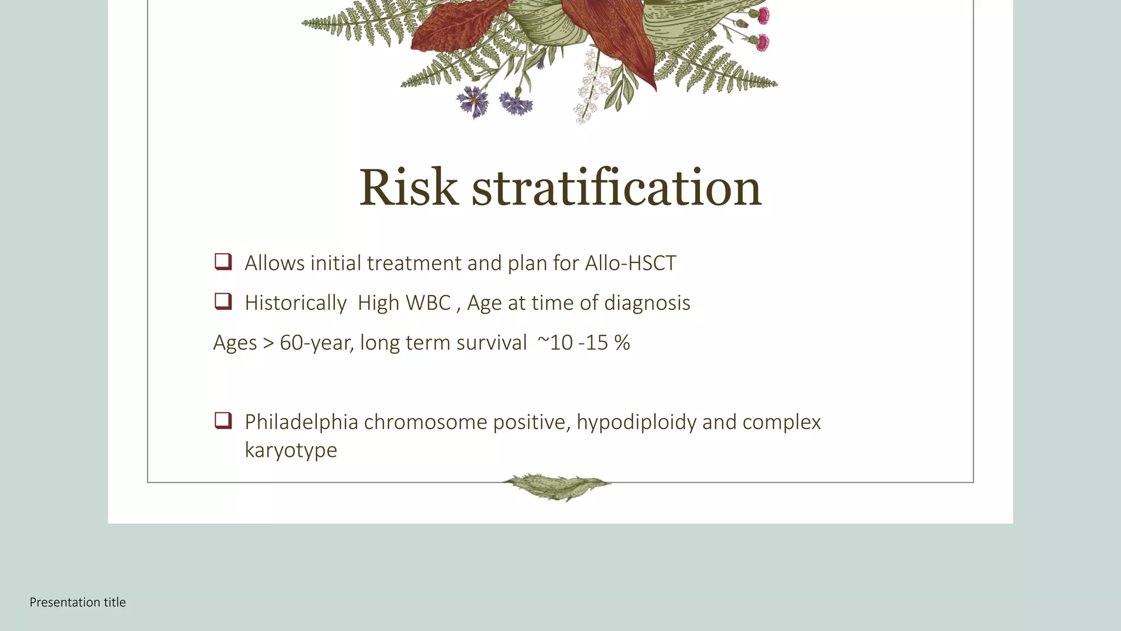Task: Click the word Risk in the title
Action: (408, 188)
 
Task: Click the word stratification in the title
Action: (616, 188)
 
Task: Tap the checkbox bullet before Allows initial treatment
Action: (223, 262)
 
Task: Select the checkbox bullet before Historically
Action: (223, 301)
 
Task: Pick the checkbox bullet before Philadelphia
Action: (223, 421)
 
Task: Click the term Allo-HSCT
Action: (631, 263)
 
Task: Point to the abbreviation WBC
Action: (427, 303)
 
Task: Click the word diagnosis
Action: (647, 303)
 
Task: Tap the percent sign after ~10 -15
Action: (622, 343)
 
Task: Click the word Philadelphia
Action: (301, 422)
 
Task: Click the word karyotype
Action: (291, 451)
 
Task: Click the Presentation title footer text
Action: (78, 603)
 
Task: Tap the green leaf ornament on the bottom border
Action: (557, 486)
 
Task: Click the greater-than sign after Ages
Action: (268, 343)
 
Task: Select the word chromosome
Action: (425, 422)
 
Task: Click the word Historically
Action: (296, 303)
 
